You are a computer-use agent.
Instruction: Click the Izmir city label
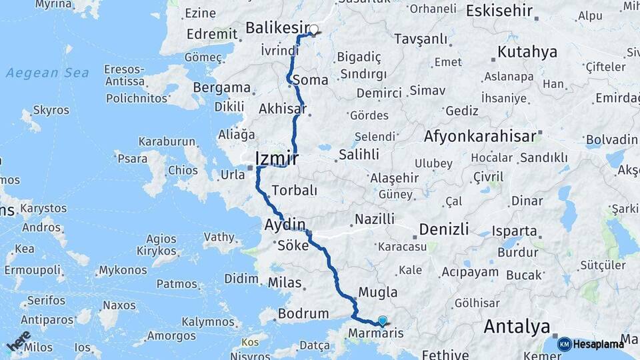(x=276, y=159)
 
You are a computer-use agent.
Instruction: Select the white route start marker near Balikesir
(x=314, y=29)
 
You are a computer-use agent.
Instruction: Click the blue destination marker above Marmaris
(x=382, y=319)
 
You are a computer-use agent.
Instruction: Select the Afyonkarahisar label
(x=480, y=137)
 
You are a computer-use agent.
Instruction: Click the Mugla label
(x=378, y=292)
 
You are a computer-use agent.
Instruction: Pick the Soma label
(x=315, y=80)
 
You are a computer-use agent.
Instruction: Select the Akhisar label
(x=282, y=109)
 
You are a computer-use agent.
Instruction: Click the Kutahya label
(x=527, y=52)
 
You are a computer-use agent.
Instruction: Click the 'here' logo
(x=19, y=341)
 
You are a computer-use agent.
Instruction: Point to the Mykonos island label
(x=123, y=271)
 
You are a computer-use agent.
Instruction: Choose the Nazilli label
(x=375, y=219)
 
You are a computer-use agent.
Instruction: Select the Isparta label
(x=514, y=231)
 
